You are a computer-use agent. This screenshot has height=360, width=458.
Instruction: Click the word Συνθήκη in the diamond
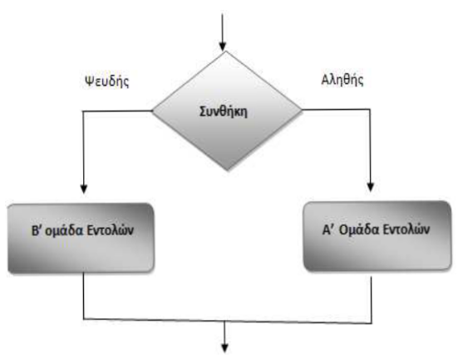[x=224, y=111]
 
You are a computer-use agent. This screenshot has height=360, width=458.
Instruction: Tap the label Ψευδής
[x=107, y=81]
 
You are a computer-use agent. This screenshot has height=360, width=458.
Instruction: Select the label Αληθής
[x=342, y=80]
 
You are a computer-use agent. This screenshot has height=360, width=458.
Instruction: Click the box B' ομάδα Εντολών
[x=81, y=238]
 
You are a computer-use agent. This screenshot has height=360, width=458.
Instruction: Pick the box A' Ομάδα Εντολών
[x=377, y=236]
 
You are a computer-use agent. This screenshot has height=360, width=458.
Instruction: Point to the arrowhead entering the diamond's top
[x=223, y=47]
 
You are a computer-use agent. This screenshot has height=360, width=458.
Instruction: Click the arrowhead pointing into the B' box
[x=84, y=189]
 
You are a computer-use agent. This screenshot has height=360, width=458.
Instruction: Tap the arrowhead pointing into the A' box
[x=371, y=187]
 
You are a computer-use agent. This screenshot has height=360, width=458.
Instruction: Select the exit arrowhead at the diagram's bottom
[x=224, y=348]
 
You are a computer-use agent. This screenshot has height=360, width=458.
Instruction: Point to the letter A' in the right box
[x=327, y=229]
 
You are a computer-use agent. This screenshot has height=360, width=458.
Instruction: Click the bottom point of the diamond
[x=227, y=170]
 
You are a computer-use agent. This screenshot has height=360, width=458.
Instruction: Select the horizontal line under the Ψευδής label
[x=117, y=111]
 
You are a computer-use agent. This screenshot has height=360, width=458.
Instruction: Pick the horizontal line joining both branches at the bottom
[x=227, y=321]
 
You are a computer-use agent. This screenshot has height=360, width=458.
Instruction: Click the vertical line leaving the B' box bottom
[x=84, y=296]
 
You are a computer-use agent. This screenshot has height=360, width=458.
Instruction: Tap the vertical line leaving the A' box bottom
[x=372, y=300]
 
